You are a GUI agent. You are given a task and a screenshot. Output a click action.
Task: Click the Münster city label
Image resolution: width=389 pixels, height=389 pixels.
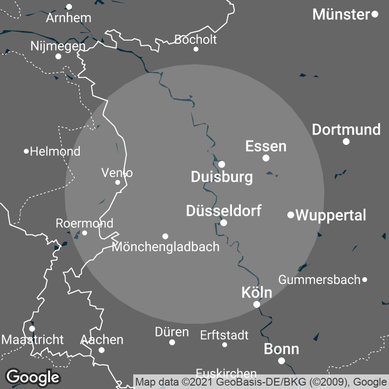341,15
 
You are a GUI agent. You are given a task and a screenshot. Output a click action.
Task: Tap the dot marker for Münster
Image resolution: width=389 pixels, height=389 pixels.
375,14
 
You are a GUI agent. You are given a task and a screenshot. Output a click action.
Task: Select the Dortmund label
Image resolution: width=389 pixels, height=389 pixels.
346,130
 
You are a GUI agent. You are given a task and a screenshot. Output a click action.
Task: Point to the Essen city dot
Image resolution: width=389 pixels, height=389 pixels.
266,158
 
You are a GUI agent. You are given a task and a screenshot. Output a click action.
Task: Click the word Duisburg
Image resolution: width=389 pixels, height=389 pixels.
222,177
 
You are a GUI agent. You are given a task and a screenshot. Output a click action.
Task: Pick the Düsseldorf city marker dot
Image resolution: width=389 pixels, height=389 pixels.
224,223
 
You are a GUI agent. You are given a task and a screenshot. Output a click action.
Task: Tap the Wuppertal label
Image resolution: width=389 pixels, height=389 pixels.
331,215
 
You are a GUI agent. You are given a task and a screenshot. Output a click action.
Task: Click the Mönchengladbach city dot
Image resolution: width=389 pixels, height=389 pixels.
165,236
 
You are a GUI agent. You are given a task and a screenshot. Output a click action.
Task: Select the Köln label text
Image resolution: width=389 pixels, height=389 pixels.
257,293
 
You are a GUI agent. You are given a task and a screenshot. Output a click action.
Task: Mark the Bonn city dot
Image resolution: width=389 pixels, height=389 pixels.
282,361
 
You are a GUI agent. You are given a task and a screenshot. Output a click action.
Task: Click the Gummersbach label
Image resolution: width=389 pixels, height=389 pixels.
319,280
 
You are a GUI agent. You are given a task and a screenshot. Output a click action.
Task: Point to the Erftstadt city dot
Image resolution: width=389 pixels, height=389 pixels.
225,345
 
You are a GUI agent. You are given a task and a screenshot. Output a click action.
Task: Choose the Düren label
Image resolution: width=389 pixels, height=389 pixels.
172,333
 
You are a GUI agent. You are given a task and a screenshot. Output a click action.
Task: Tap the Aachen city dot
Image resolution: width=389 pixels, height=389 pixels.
102,350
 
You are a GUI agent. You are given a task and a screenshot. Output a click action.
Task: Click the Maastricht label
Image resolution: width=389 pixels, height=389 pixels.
33,339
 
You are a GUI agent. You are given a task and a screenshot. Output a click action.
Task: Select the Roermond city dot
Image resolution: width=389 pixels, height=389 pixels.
85,233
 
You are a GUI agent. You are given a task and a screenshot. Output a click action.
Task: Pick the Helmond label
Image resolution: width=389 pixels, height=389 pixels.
55,151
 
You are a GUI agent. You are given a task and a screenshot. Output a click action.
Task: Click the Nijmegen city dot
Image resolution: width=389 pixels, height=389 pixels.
58,56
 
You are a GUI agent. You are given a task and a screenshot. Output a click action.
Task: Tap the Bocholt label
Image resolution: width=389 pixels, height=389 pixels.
195,39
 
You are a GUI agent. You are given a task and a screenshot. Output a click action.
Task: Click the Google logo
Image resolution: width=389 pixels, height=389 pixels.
33,377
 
